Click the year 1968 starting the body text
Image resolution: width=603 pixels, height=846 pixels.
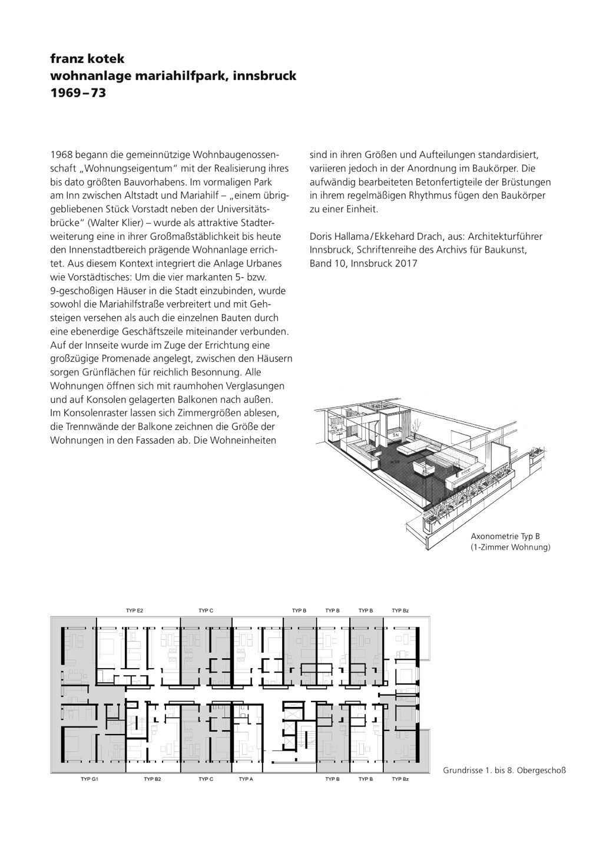[x=61, y=155]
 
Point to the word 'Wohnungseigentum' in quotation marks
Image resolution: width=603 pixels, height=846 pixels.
[x=123, y=168]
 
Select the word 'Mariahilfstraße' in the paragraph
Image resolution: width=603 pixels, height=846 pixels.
[x=127, y=304]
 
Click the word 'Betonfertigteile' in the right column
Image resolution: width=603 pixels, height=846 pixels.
[x=437, y=182]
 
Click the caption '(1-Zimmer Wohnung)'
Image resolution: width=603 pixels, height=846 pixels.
[x=510, y=548]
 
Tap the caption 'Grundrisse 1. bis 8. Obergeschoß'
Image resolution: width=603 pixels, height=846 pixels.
[x=504, y=770]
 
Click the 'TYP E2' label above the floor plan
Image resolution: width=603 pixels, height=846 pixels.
[x=135, y=611]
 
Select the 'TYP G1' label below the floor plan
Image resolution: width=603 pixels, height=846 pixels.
[x=89, y=779]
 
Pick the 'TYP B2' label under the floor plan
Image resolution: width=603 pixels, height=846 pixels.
[x=153, y=779]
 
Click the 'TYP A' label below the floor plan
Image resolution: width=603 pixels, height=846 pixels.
[x=246, y=779]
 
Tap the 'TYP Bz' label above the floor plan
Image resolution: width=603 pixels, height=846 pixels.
[x=400, y=611]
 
